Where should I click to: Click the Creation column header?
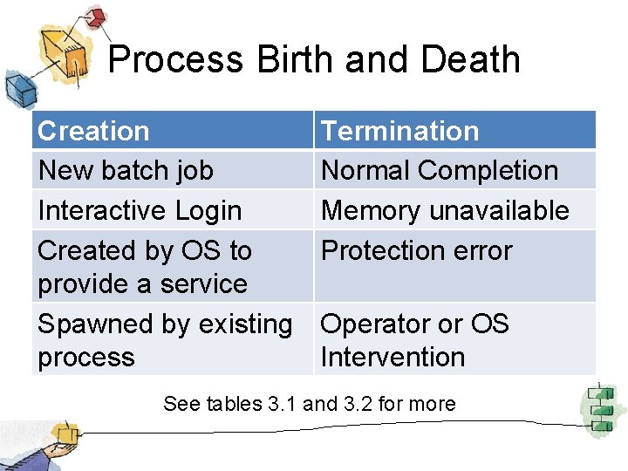[93, 131]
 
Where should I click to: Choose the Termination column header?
[399, 131]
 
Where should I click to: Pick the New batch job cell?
[126, 170]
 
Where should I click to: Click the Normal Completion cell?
[440, 170]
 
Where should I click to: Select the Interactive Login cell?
[140, 210]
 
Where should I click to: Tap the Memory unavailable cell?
[445, 210]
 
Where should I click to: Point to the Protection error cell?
[417, 250]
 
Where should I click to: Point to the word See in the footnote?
[181, 404]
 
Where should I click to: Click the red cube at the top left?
[95, 17]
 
